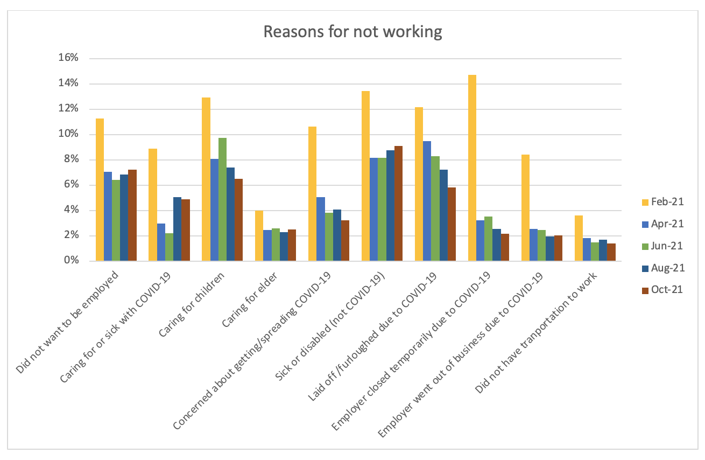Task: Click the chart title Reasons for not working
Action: click(x=352, y=32)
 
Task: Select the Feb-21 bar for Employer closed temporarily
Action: click(x=472, y=168)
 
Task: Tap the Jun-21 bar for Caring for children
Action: click(x=222, y=199)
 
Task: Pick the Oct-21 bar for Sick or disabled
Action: click(x=398, y=204)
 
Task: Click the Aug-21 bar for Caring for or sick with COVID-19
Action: click(x=177, y=229)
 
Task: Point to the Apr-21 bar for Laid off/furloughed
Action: click(x=427, y=201)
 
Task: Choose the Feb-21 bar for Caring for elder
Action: click(x=259, y=236)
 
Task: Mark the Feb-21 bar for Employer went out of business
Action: click(x=525, y=208)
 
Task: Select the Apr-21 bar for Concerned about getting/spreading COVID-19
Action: click(x=320, y=229)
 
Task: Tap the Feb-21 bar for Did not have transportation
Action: click(x=579, y=238)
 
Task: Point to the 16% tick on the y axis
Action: click(x=71, y=58)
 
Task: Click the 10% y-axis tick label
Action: click(x=71, y=134)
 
